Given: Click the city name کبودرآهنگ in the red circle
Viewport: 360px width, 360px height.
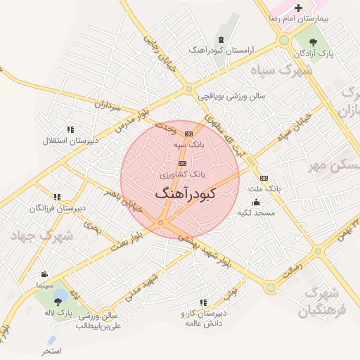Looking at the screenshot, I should (185, 192).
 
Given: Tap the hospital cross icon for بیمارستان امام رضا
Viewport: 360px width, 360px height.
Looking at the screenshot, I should (298, 8).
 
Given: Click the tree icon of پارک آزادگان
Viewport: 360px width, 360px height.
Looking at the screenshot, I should (313, 43).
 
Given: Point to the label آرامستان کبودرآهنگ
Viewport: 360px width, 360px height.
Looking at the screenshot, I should (221, 51).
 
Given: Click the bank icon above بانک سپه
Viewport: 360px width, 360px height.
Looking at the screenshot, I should (188, 134).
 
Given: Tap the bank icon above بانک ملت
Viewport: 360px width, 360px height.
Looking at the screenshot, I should (264, 179).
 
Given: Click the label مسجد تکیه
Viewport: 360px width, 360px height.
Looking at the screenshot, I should (255, 212).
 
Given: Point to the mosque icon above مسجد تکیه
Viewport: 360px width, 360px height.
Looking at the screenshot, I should (255, 202).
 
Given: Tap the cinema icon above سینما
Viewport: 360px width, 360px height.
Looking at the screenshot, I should (45, 274).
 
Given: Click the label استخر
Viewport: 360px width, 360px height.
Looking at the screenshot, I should (51, 351).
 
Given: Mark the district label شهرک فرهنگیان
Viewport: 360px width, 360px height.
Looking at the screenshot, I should (323, 301).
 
